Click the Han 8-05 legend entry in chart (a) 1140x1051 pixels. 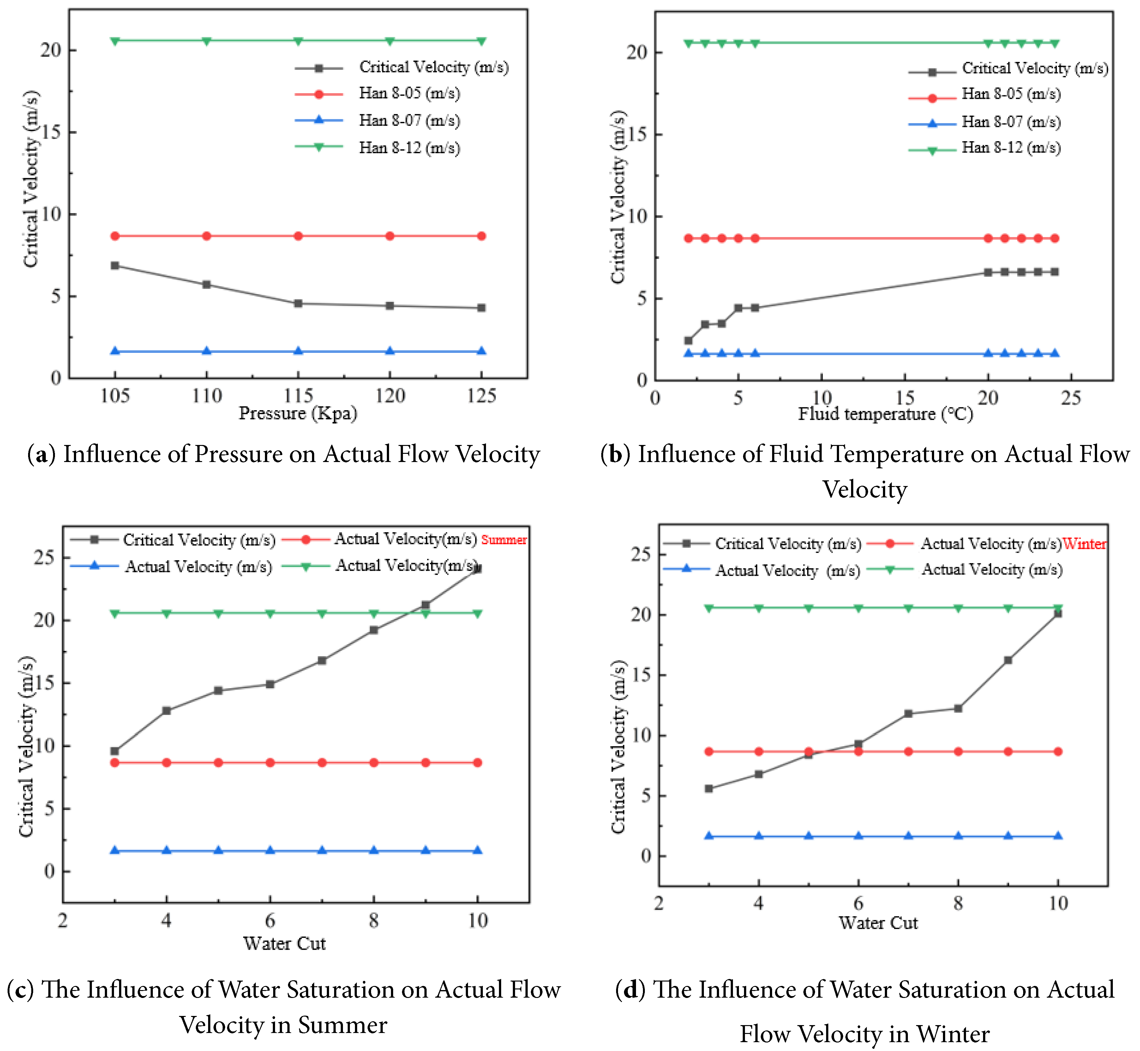tap(409, 93)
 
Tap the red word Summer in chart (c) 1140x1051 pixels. tap(504, 540)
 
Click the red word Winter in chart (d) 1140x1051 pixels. tap(1084, 544)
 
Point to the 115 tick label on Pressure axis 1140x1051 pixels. tap(298, 395)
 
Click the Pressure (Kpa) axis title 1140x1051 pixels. tap(298, 413)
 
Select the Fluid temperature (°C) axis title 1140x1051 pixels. tap(885, 414)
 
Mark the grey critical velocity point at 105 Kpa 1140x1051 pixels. tap(115, 266)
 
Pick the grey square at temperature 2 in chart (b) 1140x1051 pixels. tap(688, 341)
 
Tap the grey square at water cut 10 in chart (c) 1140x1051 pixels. tap(477, 569)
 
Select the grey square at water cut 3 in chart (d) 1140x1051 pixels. tap(708, 789)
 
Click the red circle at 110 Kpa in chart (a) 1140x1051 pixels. tap(207, 236)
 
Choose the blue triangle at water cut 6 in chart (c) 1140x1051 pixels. tap(270, 851)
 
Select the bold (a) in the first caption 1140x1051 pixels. tap(41, 454)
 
